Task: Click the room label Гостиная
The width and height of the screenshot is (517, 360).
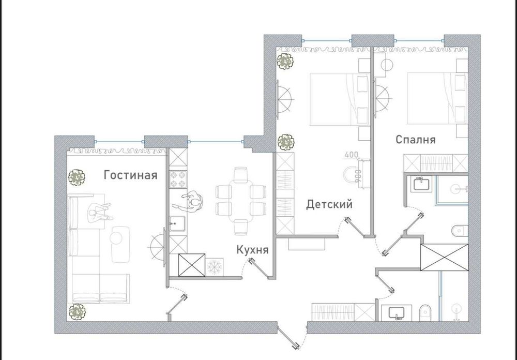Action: point(130,175)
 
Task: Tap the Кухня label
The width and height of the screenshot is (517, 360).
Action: point(252,250)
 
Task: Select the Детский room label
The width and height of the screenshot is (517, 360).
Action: point(329,205)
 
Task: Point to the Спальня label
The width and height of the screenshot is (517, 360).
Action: point(416,140)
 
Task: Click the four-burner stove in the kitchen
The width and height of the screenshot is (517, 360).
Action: point(178,179)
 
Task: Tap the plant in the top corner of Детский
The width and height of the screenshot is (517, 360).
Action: point(284,61)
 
